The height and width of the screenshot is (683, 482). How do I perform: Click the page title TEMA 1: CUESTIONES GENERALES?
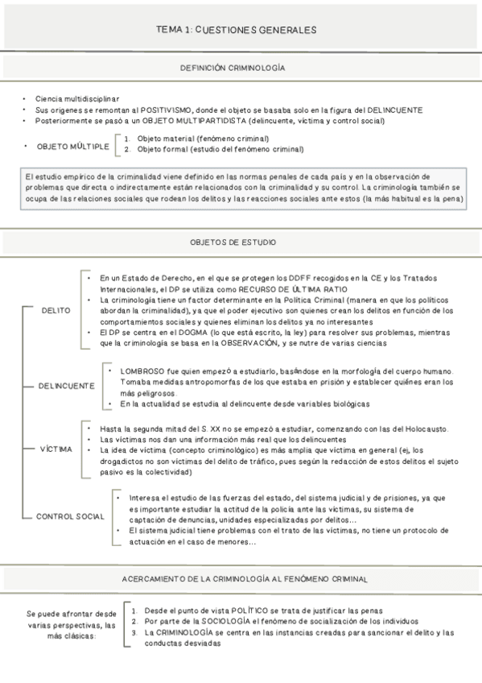click(237, 30)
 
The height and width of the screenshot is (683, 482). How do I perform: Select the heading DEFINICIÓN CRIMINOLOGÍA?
click(233, 69)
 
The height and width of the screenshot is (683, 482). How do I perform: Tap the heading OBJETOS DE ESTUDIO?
click(233, 242)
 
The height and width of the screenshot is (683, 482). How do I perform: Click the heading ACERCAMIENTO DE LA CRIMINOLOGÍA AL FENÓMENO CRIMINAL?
click(245, 579)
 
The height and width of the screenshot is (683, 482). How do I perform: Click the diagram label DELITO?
click(55, 310)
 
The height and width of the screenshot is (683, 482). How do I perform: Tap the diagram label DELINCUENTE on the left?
click(65, 386)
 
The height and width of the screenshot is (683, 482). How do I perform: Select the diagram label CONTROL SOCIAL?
click(69, 515)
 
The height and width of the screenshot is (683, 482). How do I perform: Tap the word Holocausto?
click(418, 428)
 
